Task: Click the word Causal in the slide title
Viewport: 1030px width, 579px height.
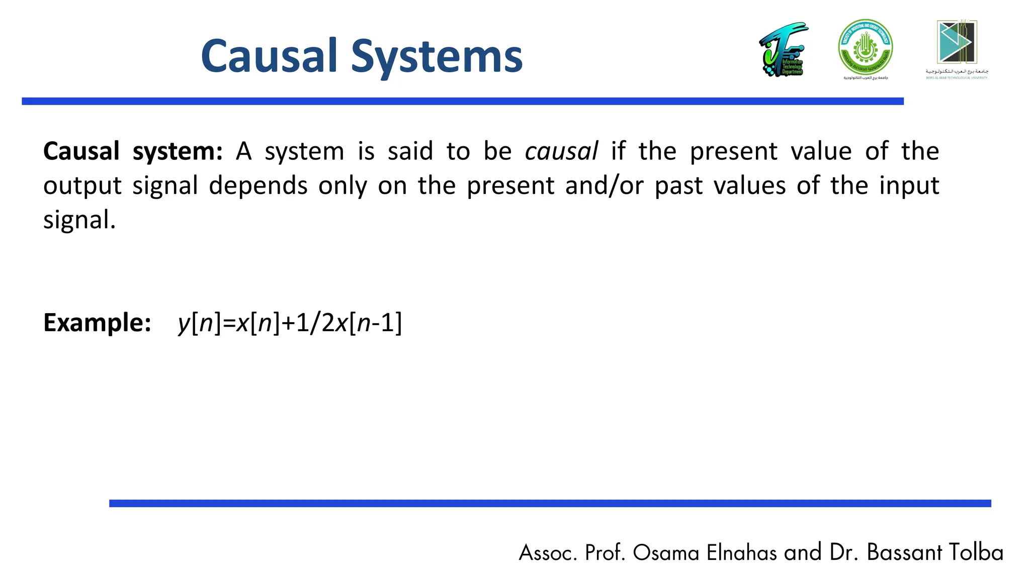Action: click(269, 56)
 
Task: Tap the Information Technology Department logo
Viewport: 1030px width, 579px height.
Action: click(783, 49)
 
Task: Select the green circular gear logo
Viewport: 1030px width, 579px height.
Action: click(865, 47)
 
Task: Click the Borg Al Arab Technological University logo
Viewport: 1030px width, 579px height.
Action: click(957, 48)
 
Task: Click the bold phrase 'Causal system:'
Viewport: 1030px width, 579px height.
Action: click(133, 151)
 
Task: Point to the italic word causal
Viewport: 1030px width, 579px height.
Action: click(561, 151)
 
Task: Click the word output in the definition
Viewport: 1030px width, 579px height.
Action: click(82, 186)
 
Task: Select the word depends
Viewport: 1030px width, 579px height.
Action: click(257, 186)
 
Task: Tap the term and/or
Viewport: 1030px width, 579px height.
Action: click(604, 186)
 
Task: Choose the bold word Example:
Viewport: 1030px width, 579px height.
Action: click(97, 323)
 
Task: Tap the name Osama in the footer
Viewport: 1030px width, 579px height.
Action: click(666, 553)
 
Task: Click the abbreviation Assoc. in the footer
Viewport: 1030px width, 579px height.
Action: click(548, 553)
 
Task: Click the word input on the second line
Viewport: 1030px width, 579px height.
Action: click(908, 186)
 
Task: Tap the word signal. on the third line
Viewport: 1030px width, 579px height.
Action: click(79, 220)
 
